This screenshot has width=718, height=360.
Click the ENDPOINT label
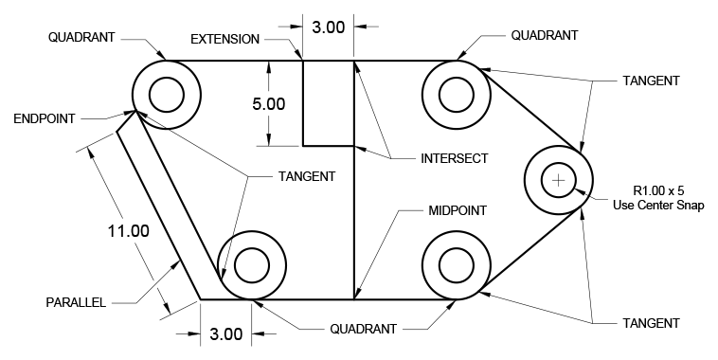44,118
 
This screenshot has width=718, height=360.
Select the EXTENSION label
224,39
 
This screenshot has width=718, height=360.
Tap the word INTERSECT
454,158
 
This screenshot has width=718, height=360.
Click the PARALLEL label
77,303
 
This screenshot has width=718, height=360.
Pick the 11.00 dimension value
128,230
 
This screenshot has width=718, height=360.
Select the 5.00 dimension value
268,104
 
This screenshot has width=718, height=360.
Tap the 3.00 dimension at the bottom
226,333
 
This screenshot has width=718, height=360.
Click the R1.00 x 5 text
660,189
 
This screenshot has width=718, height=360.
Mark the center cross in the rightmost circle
559,180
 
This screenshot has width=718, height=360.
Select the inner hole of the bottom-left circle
252,264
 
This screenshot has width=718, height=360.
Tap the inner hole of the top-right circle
457,95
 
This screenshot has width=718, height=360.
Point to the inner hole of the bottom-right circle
457,264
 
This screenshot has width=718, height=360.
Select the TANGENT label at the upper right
651,81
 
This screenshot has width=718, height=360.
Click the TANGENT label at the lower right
651,323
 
